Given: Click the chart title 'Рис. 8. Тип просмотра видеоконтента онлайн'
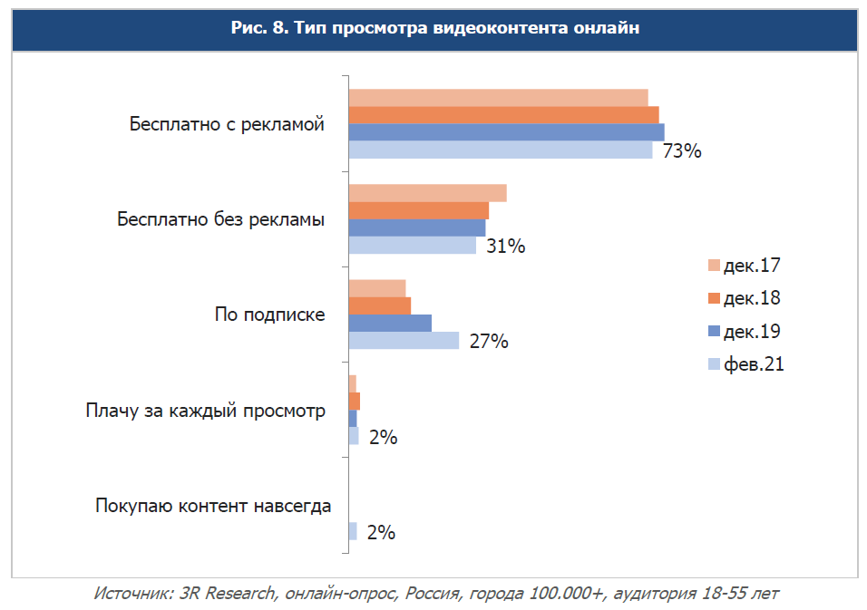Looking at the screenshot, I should coord(435,28).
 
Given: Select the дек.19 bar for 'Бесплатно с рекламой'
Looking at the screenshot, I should coord(506,132).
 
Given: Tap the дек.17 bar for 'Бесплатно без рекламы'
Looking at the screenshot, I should coord(427,193).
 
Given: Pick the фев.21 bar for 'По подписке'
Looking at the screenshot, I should coord(404,340).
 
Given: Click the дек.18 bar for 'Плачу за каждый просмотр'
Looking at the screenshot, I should coord(355,401).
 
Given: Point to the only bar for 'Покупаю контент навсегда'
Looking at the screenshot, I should coord(353,531).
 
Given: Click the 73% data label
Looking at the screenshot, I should coord(682,151).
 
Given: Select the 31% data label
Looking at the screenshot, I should coord(506,246).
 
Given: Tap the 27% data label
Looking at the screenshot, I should coord(489,342).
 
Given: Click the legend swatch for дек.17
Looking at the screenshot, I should coord(714,266).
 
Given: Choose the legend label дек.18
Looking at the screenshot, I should coord(752,298).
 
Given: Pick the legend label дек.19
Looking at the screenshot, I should coord(752,332).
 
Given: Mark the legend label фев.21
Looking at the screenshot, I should coord(753,364).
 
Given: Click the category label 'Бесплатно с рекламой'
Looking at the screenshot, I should coord(227,124).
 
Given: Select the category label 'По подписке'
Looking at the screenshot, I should coord(269,315).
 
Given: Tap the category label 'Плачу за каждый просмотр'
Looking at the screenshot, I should coord(205,411).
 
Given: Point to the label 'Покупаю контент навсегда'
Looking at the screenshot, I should coord(213,506).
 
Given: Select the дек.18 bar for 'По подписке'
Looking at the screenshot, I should coord(380,305).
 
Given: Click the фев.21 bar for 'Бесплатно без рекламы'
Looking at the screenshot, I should coord(413,245).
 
